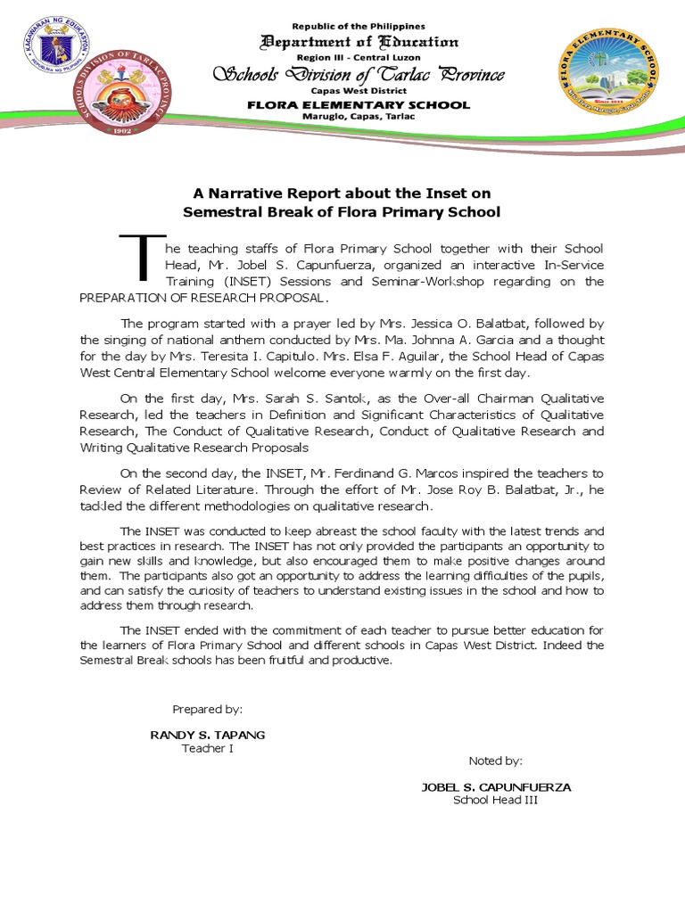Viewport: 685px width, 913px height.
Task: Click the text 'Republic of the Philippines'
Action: tap(359, 27)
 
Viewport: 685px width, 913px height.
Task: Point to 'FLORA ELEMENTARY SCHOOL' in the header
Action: tap(359, 105)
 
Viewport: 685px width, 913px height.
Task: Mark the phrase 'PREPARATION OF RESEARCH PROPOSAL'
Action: tap(203, 298)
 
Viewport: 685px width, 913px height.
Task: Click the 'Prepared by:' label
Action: tap(207, 710)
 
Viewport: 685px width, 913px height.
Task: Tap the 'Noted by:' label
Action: tap(495, 761)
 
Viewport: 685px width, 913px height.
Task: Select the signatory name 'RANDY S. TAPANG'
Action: tap(207, 735)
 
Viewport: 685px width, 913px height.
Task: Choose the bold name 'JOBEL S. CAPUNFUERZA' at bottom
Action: tap(495, 787)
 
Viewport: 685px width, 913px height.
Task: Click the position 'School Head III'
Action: tap(495, 800)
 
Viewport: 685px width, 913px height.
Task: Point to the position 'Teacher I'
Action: tap(207, 748)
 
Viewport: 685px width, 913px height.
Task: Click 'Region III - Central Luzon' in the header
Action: tap(359, 56)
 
